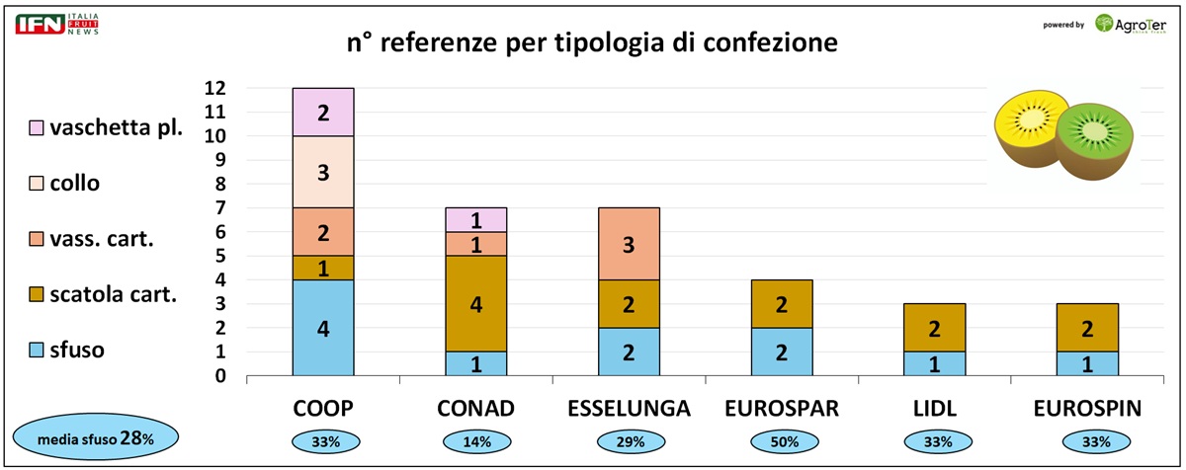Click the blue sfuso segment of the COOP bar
(x=323, y=328)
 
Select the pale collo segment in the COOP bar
(x=323, y=172)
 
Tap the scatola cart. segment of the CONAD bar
(x=475, y=304)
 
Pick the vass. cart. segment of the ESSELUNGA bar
(x=629, y=244)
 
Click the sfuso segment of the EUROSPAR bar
(x=782, y=352)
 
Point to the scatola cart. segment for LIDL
(x=934, y=328)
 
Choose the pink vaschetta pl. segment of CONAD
(x=475, y=219)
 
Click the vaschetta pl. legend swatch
(x=37, y=128)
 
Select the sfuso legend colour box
(x=37, y=351)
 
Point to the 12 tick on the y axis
(x=216, y=88)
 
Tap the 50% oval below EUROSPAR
(x=782, y=442)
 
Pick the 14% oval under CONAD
(x=475, y=442)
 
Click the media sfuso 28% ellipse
(x=96, y=437)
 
